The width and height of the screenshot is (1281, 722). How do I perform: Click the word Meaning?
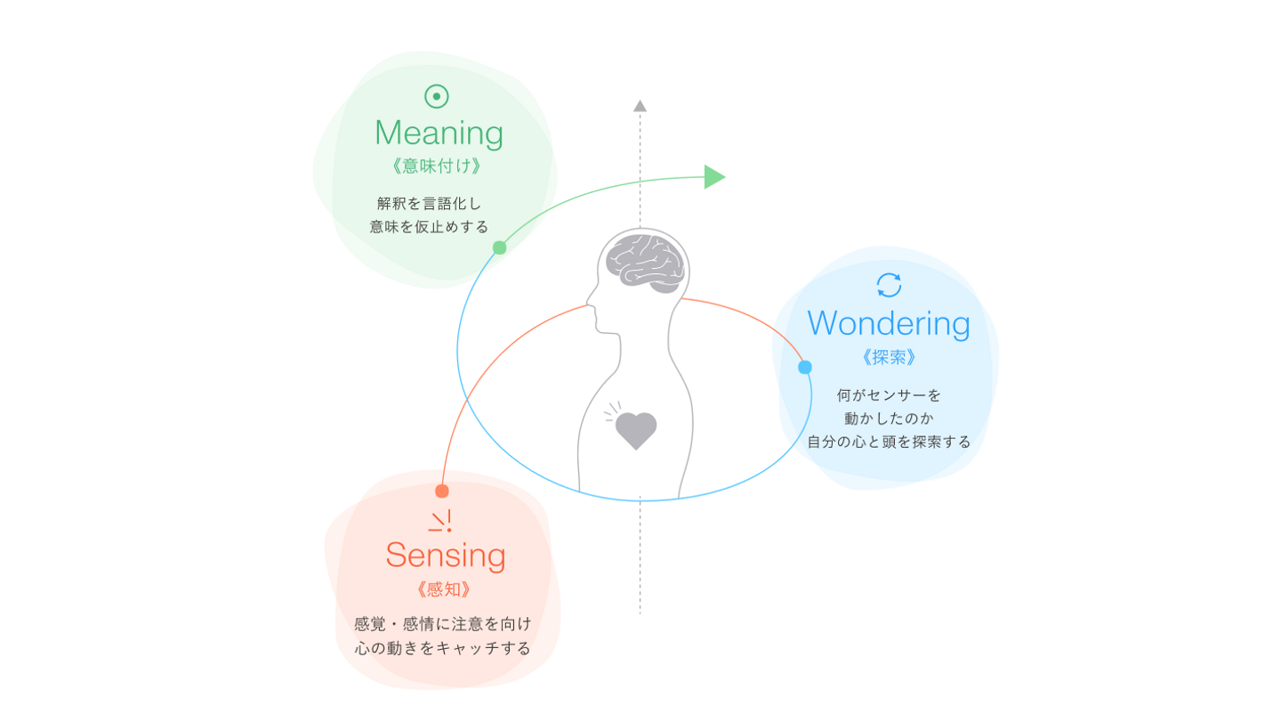[x=439, y=134]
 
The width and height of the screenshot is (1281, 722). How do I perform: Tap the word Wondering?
[x=888, y=323]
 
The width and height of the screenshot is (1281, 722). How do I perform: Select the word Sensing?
[x=445, y=556]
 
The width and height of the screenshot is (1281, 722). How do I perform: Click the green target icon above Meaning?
[x=437, y=96]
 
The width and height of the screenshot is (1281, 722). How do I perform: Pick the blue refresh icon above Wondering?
[x=889, y=285]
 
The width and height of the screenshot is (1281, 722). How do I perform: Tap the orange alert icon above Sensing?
[x=441, y=521]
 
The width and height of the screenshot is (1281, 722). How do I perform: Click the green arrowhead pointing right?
[x=714, y=176]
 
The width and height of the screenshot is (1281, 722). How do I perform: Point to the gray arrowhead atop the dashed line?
[x=640, y=106]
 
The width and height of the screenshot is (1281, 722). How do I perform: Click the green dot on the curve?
[x=500, y=247]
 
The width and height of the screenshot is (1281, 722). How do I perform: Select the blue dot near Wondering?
[x=805, y=367]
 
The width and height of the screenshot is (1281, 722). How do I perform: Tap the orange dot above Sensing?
[x=442, y=491]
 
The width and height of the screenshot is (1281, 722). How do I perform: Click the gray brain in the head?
[x=645, y=262]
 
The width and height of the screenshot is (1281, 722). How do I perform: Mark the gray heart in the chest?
[x=635, y=430]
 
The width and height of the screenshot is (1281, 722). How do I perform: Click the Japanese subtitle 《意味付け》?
[x=438, y=166]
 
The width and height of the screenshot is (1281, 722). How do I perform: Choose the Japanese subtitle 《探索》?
[x=889, y=357]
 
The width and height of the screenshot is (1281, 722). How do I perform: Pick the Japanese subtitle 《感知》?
[x=442, y=589]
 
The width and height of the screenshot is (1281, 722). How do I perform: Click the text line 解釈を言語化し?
[x=429, y=203]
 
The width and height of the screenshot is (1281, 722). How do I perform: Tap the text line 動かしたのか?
[x=889, y=417]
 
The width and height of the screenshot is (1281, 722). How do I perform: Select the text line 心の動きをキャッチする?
[x=442, y=648]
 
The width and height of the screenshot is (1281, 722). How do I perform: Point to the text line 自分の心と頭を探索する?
[x=889, y=442]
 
